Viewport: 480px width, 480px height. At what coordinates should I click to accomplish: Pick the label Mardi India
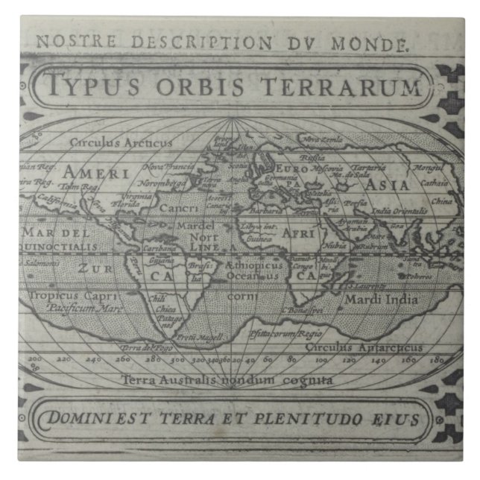tap(381, 300)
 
